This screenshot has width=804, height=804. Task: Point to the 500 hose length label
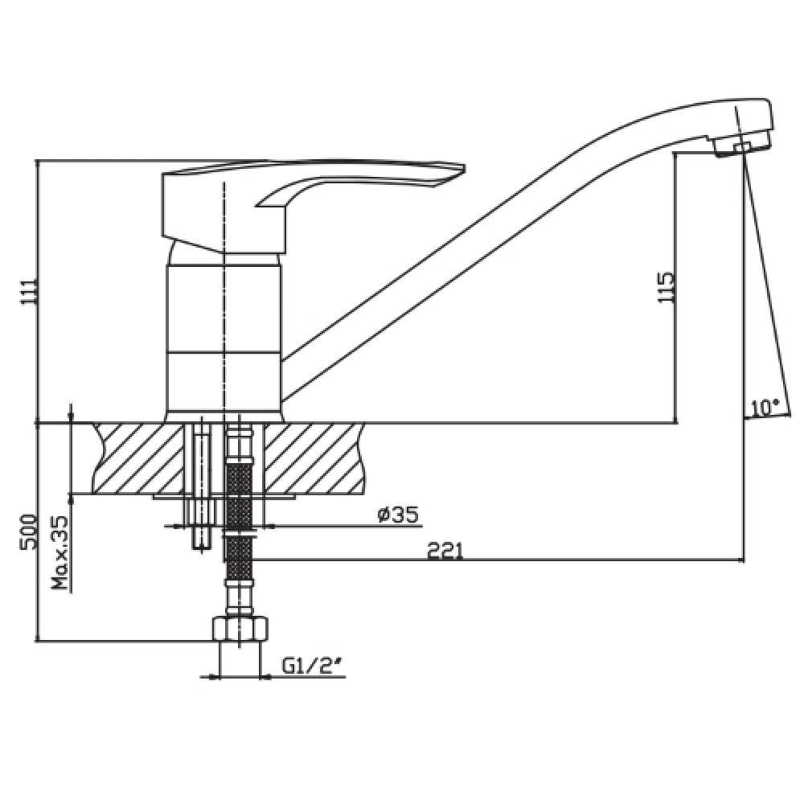tap(27, 531)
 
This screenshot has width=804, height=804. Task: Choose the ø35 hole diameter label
tap(399, 514)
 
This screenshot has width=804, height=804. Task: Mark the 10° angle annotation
tap(765, 408)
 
